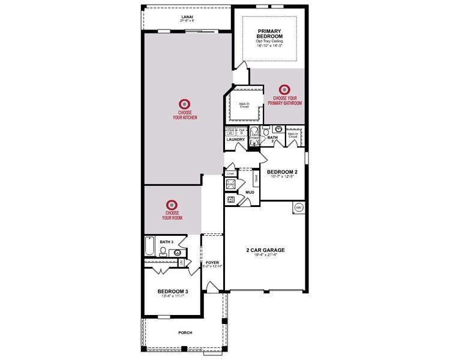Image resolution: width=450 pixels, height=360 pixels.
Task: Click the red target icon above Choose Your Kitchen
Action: pyautogui.click(x=185, y=104)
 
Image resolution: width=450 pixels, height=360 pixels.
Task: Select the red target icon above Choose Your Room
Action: pyautogui.click(x=172, y=205)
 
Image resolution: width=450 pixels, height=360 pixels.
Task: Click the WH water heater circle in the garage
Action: pyautogui.click(x=298, y=208)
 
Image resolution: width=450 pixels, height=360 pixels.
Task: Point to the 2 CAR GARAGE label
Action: pyautogui.click(x=265, y=250)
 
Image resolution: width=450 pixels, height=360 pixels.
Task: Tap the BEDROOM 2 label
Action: pyautogui.click(x=282, y=171)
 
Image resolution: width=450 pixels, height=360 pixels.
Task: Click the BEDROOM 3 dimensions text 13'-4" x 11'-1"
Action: pyautogui.click(x=173, y=296)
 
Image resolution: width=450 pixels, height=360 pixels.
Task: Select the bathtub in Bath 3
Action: pyautogui.click(x=150, y=246)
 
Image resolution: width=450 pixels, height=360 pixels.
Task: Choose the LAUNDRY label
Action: pyautogui.click(x=235, y=140)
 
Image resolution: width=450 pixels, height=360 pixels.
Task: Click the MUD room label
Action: pyautogui.click(x=250, y=193)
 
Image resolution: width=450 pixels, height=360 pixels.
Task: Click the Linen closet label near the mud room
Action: pyautogui.click(x=230, y=173)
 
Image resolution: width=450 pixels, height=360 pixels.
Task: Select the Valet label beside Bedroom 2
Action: pyautogui.click(x=255, y=178)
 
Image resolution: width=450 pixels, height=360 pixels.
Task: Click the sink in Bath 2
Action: pyautogui.click(x=279, y=129)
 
